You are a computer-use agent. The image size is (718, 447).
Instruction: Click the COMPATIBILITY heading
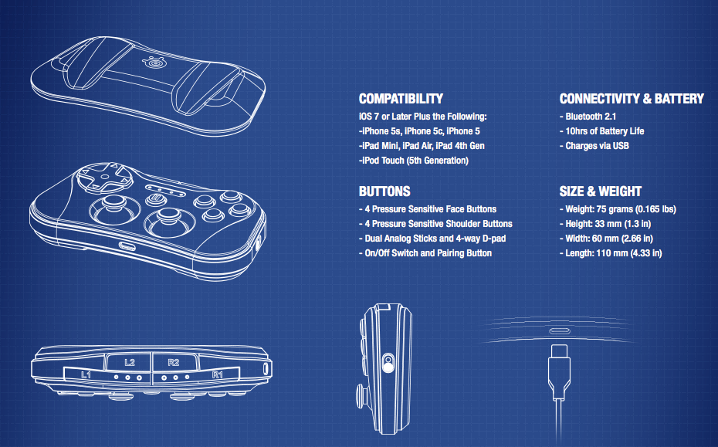[401, 99]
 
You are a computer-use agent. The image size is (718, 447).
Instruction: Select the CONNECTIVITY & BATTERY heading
[631, 99]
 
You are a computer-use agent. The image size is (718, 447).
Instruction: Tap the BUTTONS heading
[384, 191]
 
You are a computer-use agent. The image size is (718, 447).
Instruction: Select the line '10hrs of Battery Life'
[605, 131]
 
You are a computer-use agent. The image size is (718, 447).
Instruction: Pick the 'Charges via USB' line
[597, 146]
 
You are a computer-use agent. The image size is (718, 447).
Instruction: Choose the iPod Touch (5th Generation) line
[414, 161]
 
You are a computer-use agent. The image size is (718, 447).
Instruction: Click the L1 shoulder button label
[87, 374]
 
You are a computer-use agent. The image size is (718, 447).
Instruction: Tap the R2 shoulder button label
[173, 361]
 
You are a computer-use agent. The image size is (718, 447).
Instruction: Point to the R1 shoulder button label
[218, 374]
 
